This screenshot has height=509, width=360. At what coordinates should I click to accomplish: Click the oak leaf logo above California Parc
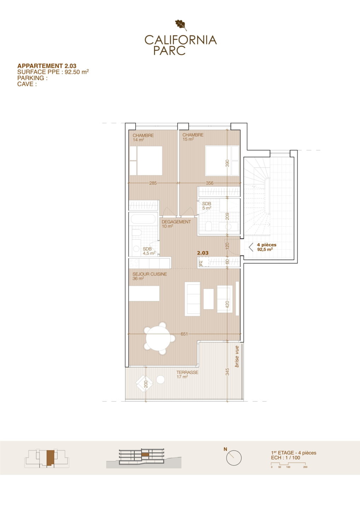(x=181, y=25)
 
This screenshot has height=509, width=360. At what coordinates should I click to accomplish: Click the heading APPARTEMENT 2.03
(x=47, y=66)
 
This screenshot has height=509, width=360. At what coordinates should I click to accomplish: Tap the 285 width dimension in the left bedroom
(x=153, y=183)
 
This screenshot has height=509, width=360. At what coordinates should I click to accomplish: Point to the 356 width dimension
(x=210, y=183)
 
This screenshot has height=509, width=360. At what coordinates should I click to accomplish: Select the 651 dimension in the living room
(x=184, y=334)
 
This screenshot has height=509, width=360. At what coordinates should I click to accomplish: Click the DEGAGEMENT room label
(x=176, y=222)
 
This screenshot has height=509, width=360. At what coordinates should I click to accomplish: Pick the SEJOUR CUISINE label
(x=150, y=274)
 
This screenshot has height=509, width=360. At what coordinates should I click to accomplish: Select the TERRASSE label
(x=187, y=373)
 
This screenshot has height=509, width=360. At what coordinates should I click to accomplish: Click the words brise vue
(x=237, y=357)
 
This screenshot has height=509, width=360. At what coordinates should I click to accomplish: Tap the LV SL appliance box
(x=204, y=262)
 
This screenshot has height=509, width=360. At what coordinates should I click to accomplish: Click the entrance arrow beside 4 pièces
(x=251, y=247)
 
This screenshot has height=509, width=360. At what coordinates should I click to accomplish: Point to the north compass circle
(x=234, y=458)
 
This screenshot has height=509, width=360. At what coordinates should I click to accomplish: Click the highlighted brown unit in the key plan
(x=51, y=458)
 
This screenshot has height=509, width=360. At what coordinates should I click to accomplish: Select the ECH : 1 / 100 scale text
(x=285, y=458)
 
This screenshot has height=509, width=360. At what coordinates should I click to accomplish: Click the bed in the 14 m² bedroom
(x=146, y=160)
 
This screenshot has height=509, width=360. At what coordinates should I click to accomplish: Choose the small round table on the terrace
(x=161, y=380)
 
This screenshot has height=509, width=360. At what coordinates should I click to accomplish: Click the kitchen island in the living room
(x=144, y=294)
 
